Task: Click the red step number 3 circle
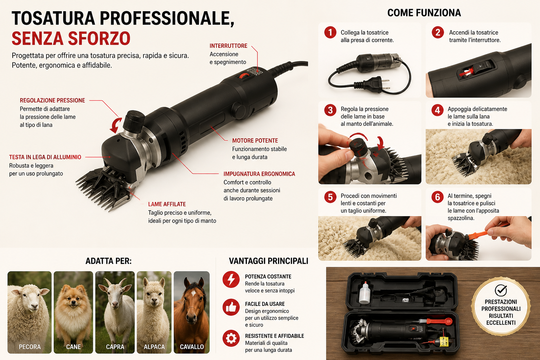coord(330,110)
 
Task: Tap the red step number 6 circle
coord(437,197)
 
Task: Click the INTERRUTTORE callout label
coord(228,46)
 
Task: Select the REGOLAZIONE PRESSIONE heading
coord(52,100)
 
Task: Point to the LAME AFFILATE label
coord(167,204)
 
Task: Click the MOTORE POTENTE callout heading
coord(255,141)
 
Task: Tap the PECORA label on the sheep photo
coord(30,347)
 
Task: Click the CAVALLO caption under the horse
coord(192,347)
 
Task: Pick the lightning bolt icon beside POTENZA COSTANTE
coord(231,280)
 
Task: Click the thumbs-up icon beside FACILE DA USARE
coord(231,307)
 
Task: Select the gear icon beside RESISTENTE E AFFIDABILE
coord(231,338)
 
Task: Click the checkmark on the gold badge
coord(501,290)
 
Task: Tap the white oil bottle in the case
coord(365,292)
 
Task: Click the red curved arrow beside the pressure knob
coord(116,125)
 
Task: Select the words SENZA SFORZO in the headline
coord(71,39)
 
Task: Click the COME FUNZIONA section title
coord(424,13)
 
